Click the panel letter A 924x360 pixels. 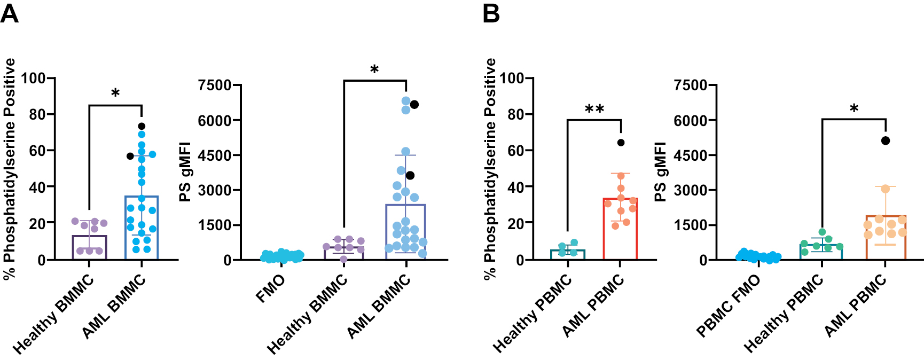coord(10,13)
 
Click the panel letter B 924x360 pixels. coord(491,13)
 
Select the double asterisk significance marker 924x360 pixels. coord(594,109)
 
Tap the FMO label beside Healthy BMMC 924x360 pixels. coord(270,288)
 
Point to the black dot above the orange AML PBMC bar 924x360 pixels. coord(886,140)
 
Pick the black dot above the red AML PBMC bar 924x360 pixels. coord(621,143)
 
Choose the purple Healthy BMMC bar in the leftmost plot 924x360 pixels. coord(89,248)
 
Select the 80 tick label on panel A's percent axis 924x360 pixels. coord(37,114)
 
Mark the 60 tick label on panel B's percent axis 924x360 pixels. coord(516,151)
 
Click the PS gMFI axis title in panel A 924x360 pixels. coord(185,172)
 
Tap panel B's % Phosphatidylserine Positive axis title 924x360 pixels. coord(490,168)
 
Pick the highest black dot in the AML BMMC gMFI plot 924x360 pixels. coord(414,105)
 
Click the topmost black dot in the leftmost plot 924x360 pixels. coord(142,127)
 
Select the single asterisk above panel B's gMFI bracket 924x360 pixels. coord(853,109)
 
